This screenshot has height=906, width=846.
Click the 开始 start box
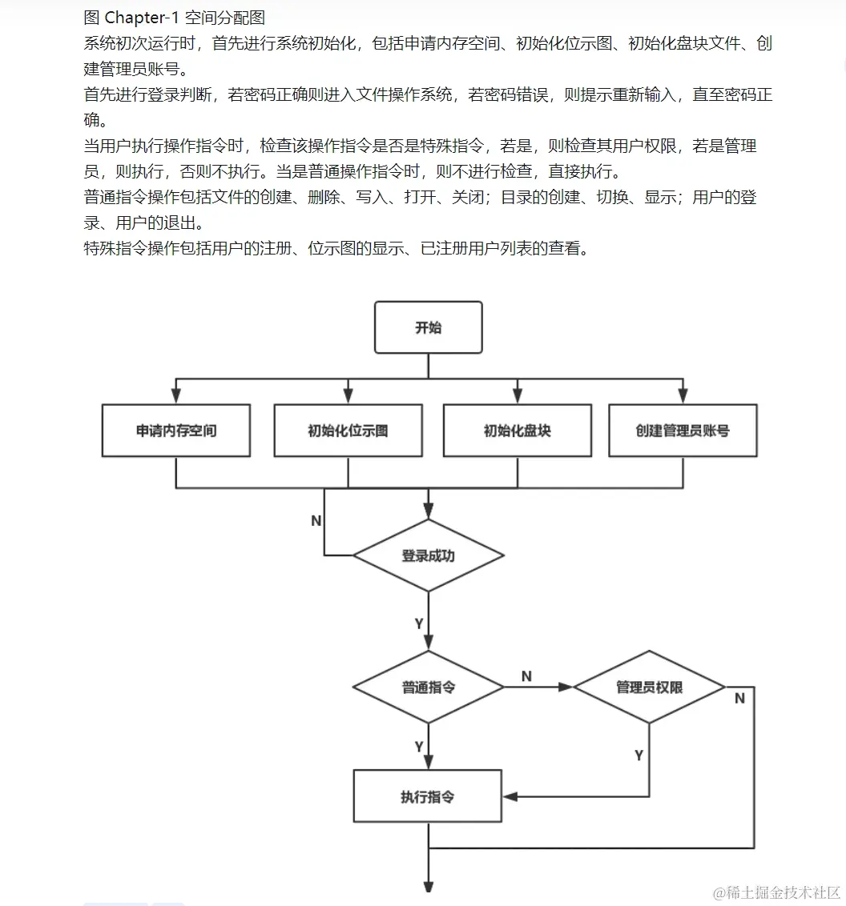[x=428, y=327]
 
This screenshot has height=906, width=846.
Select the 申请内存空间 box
[x=176, y=431]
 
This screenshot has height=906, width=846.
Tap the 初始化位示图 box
[x=348, y=431]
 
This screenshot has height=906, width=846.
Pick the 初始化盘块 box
[x=518, y=431]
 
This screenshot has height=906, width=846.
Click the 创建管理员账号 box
[x=683, y=431]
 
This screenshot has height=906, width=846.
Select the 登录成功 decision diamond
[x=428, y=555]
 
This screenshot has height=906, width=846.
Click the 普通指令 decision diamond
[x=428, y=687]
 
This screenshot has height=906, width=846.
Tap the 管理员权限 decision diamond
[x=649, y=687]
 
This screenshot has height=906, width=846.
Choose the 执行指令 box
[x=428, y=796]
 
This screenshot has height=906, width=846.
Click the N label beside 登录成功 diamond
[x=316, y=521]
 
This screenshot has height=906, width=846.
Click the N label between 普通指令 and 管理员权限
[x=526, y=677]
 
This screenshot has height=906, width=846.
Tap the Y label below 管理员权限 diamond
[x=639, y=755]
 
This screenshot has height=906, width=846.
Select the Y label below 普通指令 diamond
[x=419, y=747]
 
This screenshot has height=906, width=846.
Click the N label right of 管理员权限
[x=739, y=699]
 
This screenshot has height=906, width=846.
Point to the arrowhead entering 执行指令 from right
[x=510, y=796]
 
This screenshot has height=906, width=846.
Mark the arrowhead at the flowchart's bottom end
[x=428, y=886]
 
